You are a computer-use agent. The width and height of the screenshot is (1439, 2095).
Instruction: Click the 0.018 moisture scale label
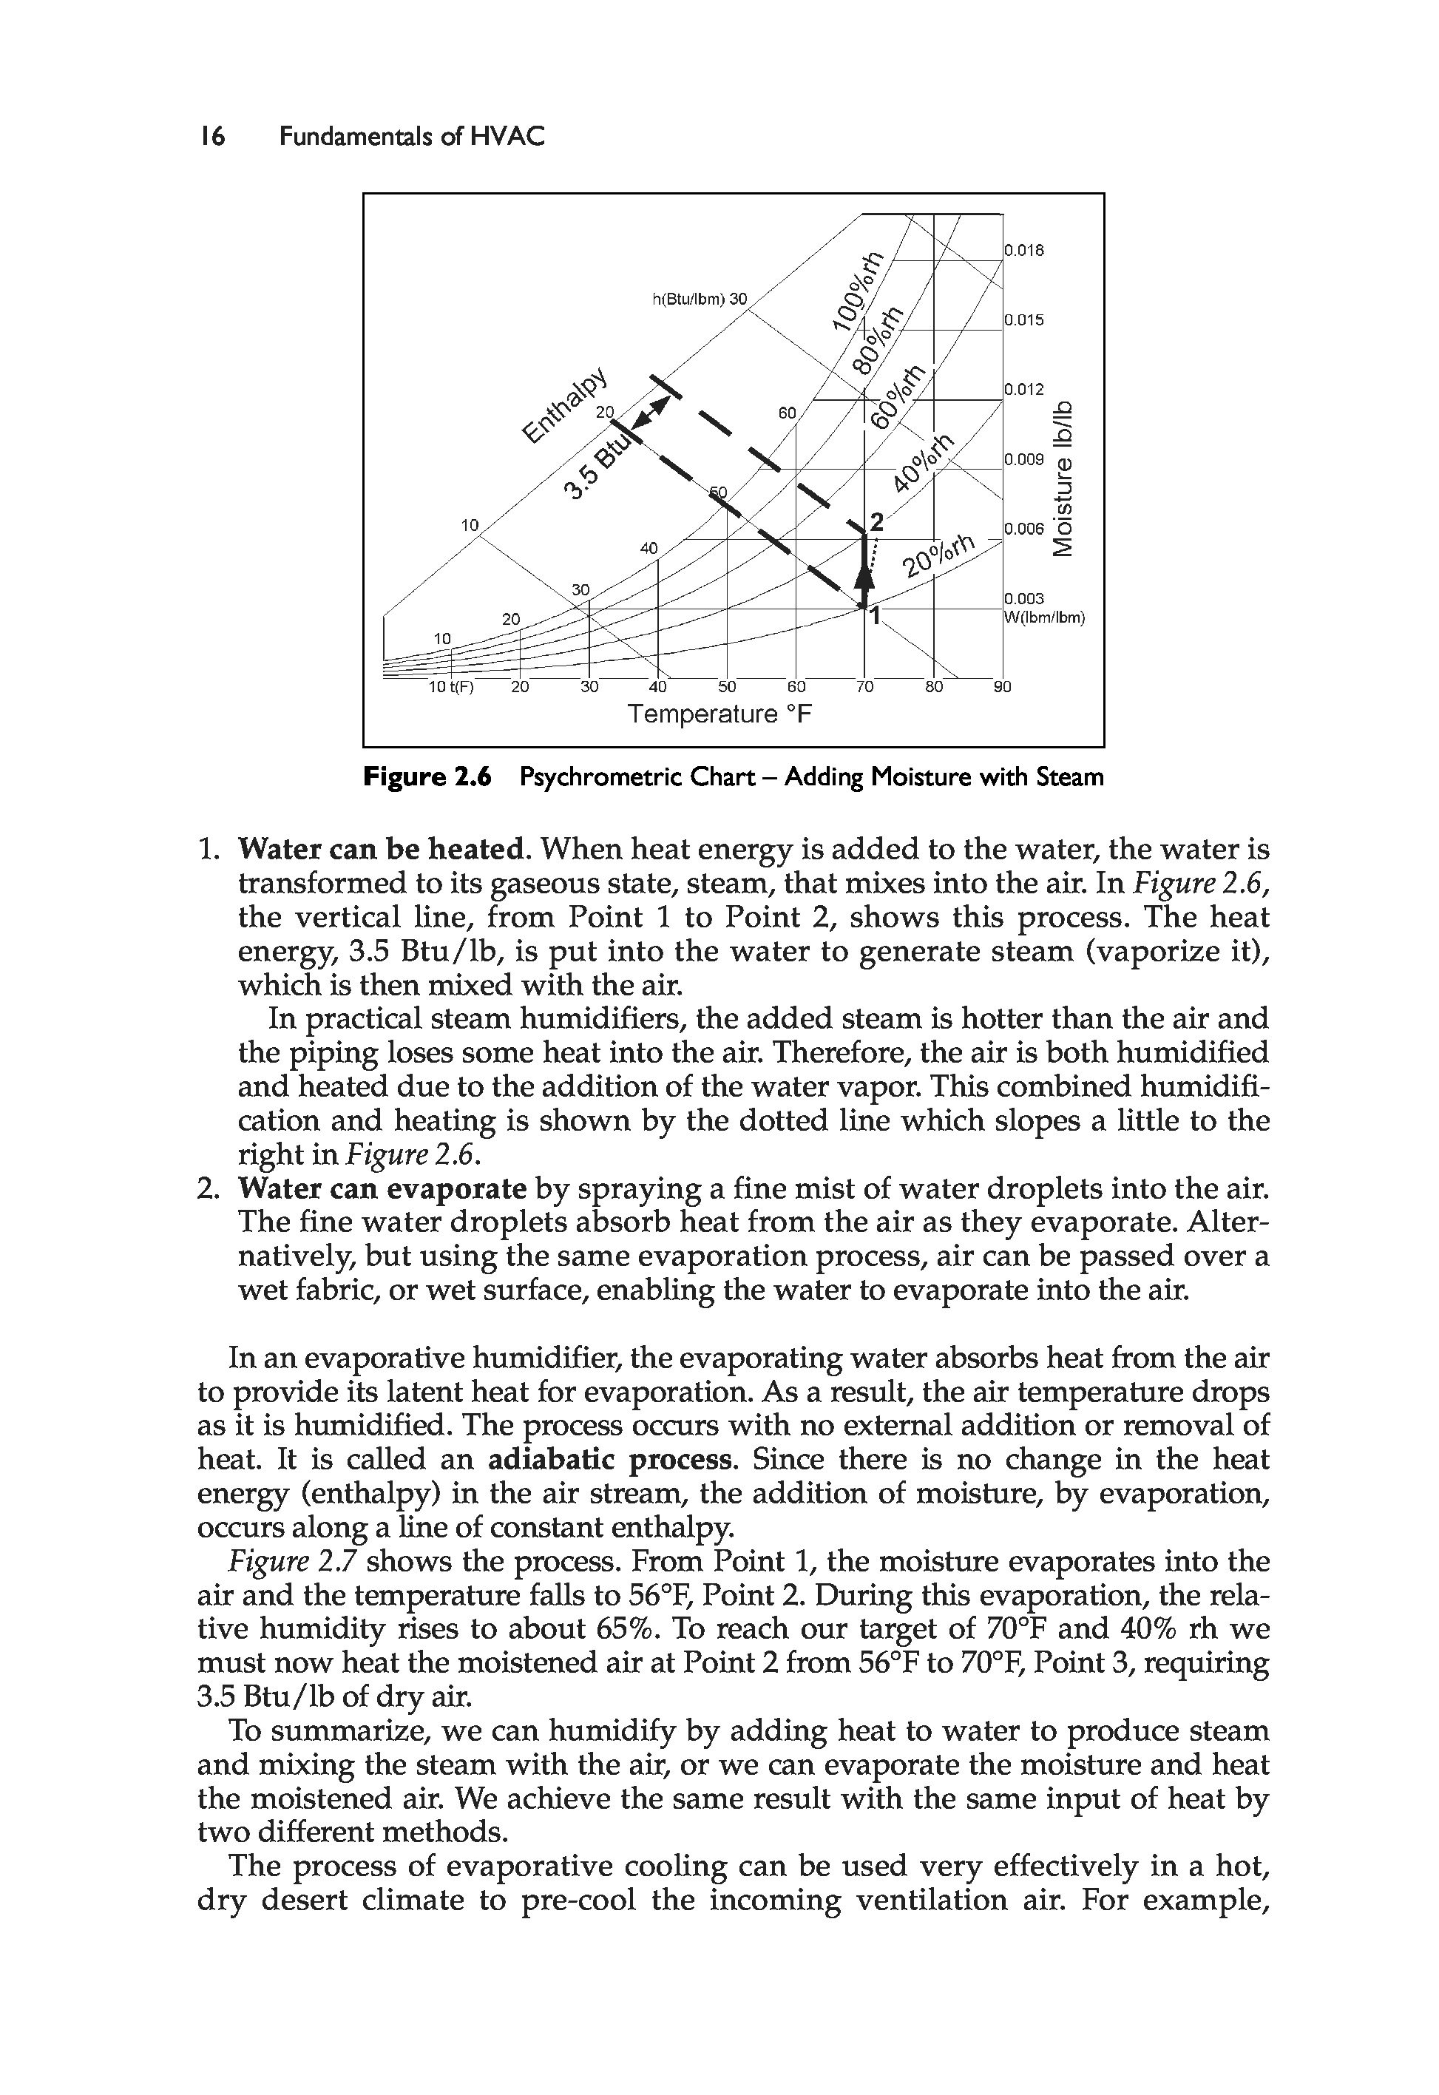click(x=1024, y=251)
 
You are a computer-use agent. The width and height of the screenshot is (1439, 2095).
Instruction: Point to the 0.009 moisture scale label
click(x=1024, y=460)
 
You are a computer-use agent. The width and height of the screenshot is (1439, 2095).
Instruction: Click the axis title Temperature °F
click(x=719, y=715)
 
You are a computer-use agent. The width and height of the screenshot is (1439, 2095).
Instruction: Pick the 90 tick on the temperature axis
click(x=1003, y=687)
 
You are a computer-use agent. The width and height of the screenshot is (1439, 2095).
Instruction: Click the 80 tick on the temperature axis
click(x=933, y=687)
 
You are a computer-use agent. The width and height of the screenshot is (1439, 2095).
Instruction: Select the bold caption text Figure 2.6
click(x=427, y=777)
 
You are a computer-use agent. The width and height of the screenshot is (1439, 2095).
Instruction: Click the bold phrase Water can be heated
click(x=383, y=849)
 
